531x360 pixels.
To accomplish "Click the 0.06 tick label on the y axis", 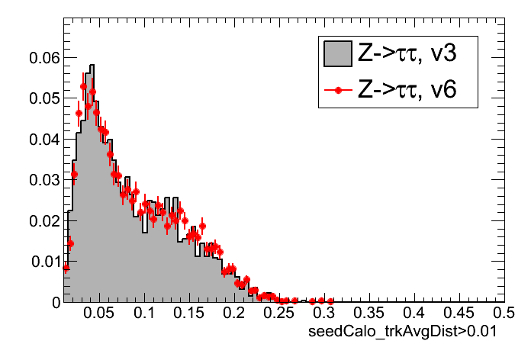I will pyautogui.click(x=44, y=57).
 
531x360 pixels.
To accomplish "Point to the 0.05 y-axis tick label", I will pyautogui.click(x=44, y=98).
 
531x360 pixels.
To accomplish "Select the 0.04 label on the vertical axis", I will pyautogui.click(x=44, y=139).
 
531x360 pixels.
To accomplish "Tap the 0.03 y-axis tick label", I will pyautogui.click(x=44, y=180).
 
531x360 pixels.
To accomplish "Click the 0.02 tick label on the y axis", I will pyautogui.click(x=44, y=220).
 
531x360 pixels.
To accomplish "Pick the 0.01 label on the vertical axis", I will pyautogui.click(x=44, y=262).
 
